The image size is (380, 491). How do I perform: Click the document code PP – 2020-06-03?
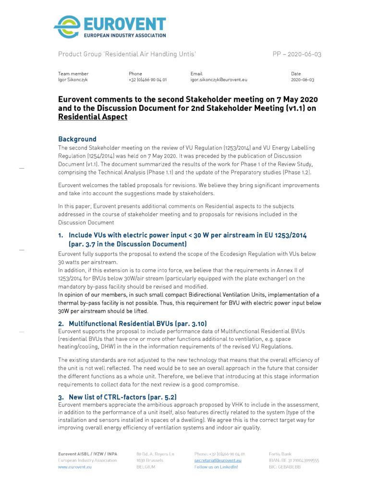click(x=297, y=54)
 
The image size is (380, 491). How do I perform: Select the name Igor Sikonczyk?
click(x=73, y=80)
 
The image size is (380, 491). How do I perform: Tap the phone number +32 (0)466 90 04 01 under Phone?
click(x=147, y=80)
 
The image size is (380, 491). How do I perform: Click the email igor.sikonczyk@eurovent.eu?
click(x=219, y=80)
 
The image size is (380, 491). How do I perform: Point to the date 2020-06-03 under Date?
click(x=303, y=80)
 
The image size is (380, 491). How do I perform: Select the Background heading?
click(x=77, y=139)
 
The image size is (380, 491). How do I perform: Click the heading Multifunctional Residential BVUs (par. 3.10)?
click(x=137, y=324)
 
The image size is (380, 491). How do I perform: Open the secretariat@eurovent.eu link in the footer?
click(x=218, y=460)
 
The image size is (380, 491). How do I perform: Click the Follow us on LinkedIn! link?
click(x=216, y=467)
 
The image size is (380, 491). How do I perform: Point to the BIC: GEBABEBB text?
click(x=284, y=467)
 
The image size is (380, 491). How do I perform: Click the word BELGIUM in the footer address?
click(x=146, y=467)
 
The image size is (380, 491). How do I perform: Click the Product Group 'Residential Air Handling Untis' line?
click(x=127, y=54)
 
